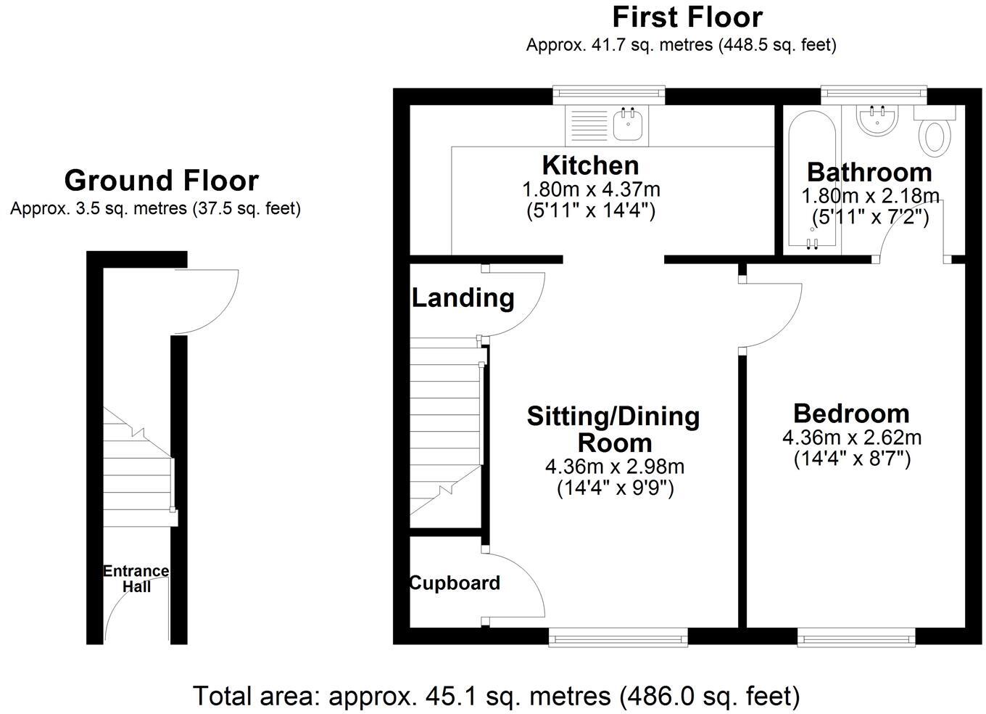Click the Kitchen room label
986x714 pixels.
(x=591, y=165)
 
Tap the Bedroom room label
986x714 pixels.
(x=851, y=414)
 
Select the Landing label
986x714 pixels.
(x=463, y=297)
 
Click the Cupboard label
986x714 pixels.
(x=455, y=583)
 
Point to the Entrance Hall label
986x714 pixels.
(x=136, y=579)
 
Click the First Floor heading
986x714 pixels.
(x=687, y=17)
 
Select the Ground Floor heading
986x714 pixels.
(x=161, y=181)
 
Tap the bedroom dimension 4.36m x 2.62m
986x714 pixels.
(x=851, y=438)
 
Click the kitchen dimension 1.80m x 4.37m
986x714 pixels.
(x=591, y=190)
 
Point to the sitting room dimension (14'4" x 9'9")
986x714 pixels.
(x=615, y=488)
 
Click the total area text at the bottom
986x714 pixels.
(x=496, y=697)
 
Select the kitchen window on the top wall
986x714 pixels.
(x=608, y=93)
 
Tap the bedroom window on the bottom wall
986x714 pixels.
(x=855, y=638)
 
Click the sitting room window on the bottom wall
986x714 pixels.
(x=618, y=638)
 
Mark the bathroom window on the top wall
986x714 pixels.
(x=874, y=93)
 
